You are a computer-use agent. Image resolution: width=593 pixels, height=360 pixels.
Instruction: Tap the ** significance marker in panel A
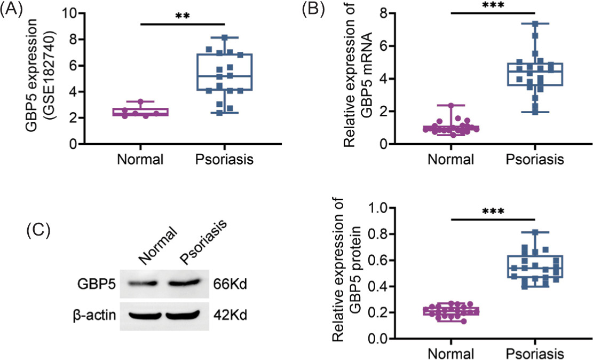(x=182, y=16)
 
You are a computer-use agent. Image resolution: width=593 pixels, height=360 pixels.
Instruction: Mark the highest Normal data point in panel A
(x=141, y=101)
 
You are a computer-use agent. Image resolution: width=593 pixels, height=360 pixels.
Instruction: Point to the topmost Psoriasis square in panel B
(x=534, y=24)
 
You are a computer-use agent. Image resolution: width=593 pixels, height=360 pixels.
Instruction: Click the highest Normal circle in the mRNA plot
(x=451, y=105)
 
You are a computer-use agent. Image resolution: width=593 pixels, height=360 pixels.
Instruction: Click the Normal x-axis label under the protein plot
(x=450, y=354)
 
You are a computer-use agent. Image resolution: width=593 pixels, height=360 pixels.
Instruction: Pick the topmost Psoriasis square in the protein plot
(x=534, y=232)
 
